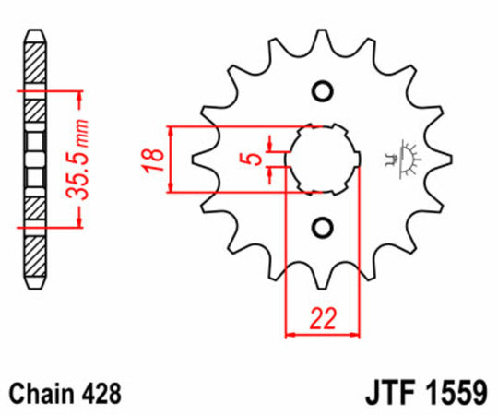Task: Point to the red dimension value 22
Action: tap(323, 318)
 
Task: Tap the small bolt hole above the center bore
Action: tap(321, 91)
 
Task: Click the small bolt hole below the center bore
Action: tap(321, 227)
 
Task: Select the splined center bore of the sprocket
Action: tap(321, 159)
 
